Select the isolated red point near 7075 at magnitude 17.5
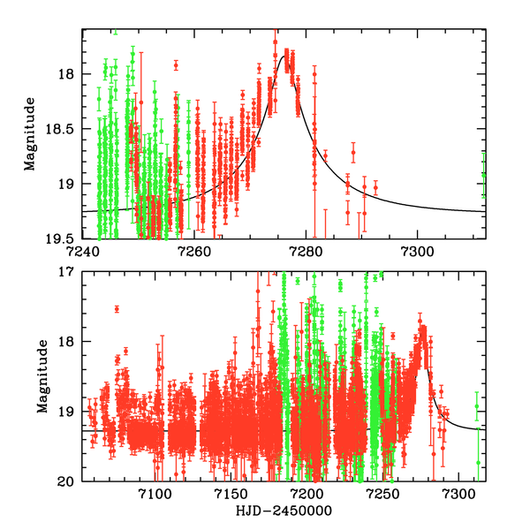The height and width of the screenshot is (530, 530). pyautogui.click(x=117, y=308)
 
